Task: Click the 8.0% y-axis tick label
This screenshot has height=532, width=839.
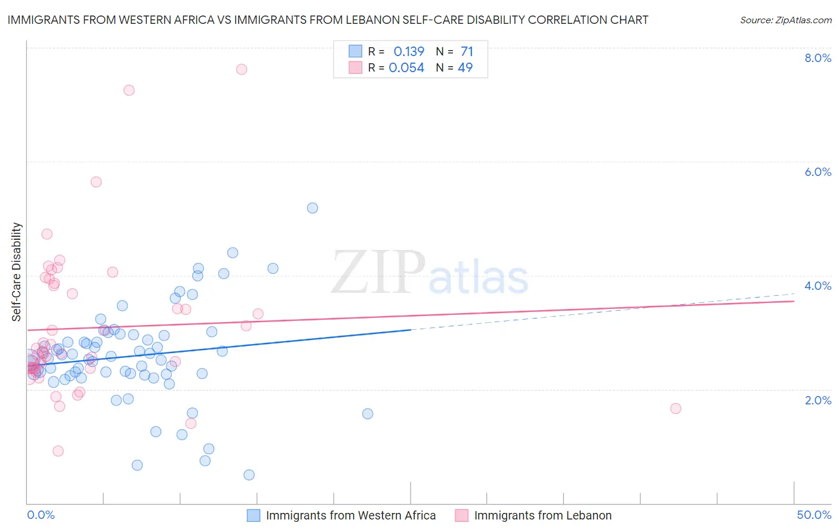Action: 818,58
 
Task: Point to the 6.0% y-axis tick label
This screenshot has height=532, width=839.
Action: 818,172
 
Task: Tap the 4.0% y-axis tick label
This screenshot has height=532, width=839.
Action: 818,286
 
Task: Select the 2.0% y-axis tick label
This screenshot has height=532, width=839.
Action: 818,400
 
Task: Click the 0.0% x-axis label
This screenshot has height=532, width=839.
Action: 41,515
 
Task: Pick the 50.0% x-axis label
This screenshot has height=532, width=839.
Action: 814,515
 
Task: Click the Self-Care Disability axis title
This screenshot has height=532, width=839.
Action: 17,272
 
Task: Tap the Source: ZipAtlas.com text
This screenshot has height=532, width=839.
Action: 785,20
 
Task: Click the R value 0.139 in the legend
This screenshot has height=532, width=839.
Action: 409,52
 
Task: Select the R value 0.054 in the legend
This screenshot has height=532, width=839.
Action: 406,68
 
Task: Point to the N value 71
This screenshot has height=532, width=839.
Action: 467,52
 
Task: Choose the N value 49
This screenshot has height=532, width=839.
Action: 465,68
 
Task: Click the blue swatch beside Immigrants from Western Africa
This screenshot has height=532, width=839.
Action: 254,515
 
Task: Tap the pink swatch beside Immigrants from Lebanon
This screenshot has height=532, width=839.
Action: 461,515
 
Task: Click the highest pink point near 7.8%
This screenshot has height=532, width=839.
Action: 242,69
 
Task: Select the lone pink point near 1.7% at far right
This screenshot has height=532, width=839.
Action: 675,409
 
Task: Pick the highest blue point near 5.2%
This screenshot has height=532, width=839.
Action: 312,208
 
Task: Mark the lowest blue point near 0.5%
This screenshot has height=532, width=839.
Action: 249,475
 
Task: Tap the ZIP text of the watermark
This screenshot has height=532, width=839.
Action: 378,273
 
